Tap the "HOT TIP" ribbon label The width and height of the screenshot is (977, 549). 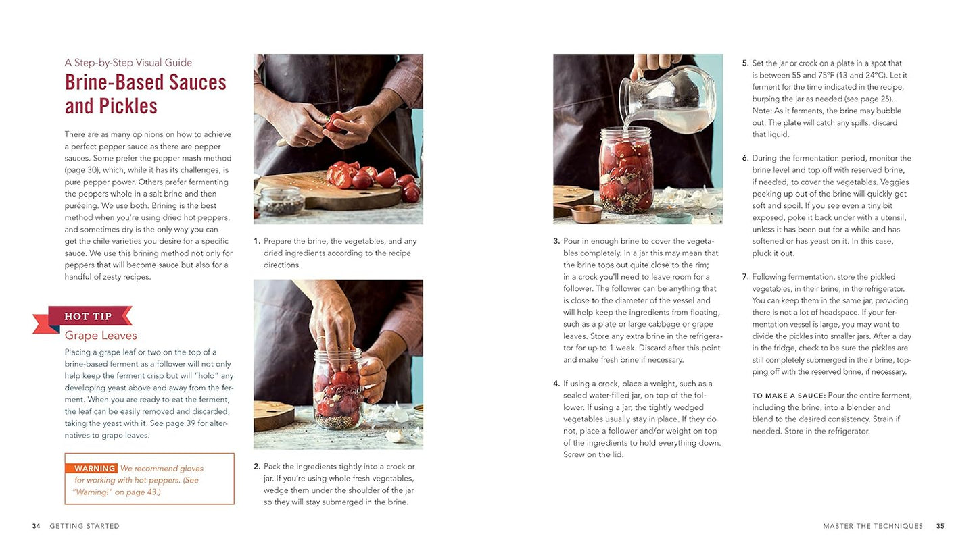coord(87,317)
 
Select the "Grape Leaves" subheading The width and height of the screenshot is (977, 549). coord(101,335)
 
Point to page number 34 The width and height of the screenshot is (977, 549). coord(37,526)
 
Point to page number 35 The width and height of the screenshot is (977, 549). coord(940,526)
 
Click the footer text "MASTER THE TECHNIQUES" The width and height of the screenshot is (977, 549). coord(872,526)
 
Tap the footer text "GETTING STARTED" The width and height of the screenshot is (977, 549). coord(85,526)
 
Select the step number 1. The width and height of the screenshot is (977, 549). coord(257,241)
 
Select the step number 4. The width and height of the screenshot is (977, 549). coord(556,384)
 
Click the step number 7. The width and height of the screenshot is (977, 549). coord(745,277)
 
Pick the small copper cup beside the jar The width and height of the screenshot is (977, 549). coord(586,213)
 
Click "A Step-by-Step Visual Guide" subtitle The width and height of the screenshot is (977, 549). coord(128,63)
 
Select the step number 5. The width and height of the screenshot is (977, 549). coord(745,63)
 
